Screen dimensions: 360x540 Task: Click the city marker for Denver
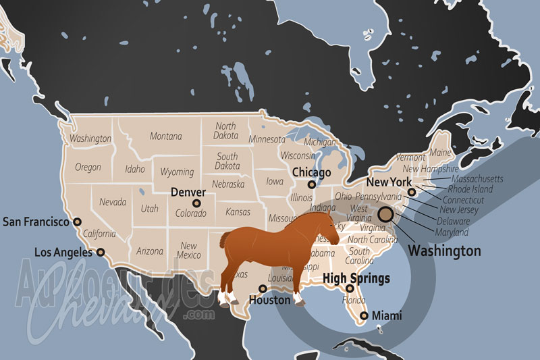point(196,203)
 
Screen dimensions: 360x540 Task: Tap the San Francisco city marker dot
point(77,221)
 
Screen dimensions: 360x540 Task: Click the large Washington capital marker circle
point(386,215)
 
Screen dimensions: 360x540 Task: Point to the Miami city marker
point(364,315)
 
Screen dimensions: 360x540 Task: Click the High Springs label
point(356,278)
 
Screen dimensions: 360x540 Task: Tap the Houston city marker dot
point(263,288)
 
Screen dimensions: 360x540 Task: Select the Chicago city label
point(311,173)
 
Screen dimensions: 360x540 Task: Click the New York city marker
point(412,192)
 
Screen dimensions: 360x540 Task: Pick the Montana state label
point(165,136)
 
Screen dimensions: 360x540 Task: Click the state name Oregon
point(88,167)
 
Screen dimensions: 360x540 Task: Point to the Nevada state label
point(113,201)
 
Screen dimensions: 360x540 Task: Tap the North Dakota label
point(225,131)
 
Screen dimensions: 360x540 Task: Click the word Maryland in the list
point(452,232)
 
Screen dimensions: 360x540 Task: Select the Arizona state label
point(150,251)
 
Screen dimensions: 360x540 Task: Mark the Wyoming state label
point(177,172)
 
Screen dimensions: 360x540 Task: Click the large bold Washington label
point(446,251)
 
